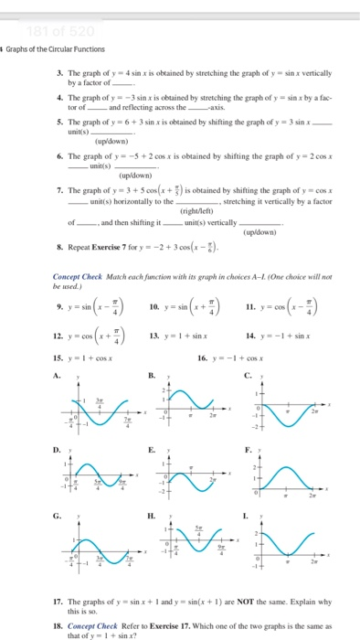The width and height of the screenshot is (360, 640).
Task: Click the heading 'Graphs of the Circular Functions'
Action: point(55,49)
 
